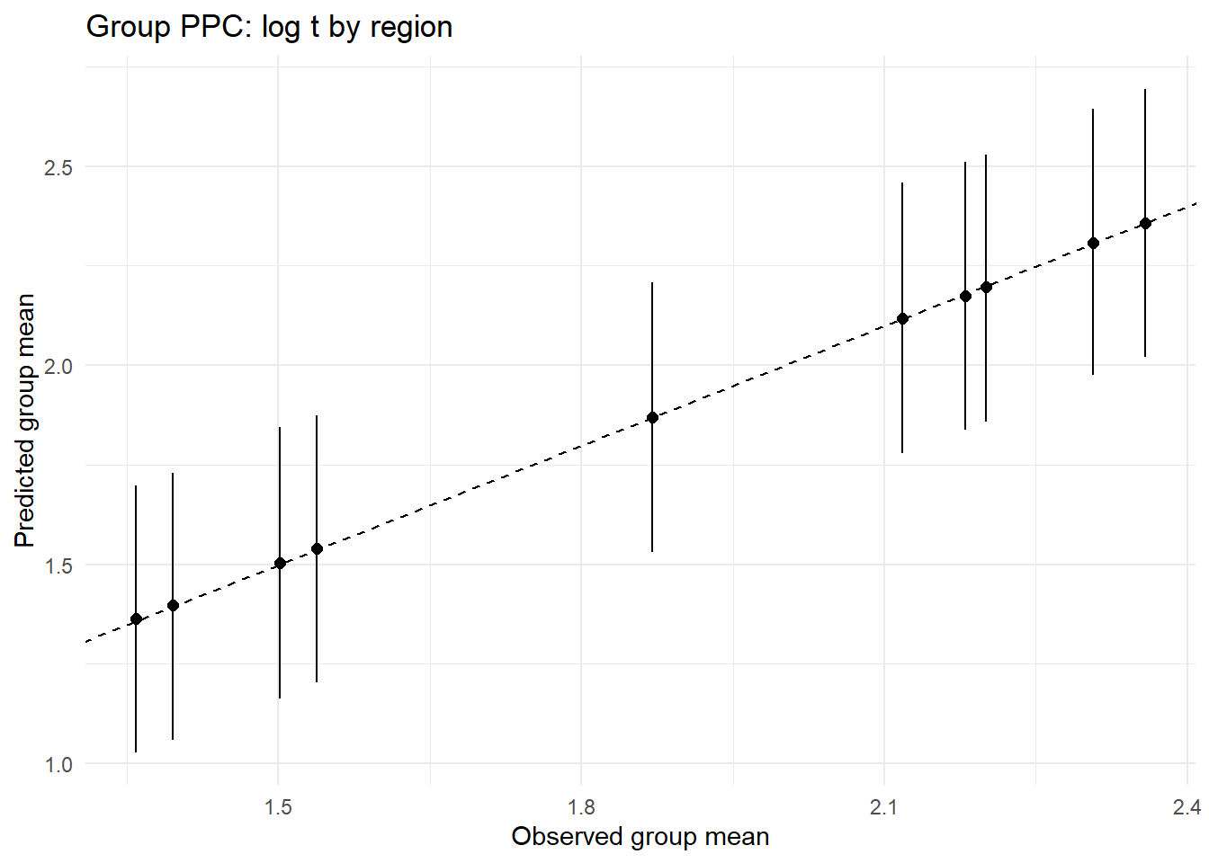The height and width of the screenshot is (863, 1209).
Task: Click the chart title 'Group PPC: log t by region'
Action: click(x=269, y=27)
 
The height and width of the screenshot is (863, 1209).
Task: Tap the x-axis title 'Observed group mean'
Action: click(x=640, y=837)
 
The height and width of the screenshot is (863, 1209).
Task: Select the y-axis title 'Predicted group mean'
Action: click(x=25, y=420)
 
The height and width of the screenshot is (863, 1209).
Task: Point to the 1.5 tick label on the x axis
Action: click(x=278, y=807)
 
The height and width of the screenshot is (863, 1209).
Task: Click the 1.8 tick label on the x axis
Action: click(x=581, y=807)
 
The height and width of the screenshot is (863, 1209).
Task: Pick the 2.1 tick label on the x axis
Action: click(x=884, y=807)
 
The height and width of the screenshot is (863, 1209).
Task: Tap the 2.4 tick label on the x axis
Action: click(x=1187, y=807)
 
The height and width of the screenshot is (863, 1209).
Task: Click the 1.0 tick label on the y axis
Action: click(x=58, y=764)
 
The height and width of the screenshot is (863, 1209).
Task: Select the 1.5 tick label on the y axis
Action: click(x=58, y=565)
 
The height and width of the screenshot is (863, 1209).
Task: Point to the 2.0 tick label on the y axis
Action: click(x=58, y=366)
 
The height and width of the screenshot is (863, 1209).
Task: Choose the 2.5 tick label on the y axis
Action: click(x=58, y=167)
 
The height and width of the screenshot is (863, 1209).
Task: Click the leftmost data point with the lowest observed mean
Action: click(x=136, y=618)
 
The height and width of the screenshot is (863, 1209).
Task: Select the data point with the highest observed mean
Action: click(x=1145, y=223)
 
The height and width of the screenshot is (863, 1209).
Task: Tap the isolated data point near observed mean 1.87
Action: click(x=652, y=417)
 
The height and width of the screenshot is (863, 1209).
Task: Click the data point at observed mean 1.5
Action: click(x=280, y=563)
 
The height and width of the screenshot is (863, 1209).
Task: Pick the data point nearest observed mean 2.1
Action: click(x=902, y=318)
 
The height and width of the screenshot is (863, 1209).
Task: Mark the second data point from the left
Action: click(x=173, y=605)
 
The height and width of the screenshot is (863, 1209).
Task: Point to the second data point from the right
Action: click(x=1093, y=243)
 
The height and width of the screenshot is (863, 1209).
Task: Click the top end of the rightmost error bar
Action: click(x=1145, y=90)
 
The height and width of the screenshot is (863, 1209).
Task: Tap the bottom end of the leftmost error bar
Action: click(x=136, y=752)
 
